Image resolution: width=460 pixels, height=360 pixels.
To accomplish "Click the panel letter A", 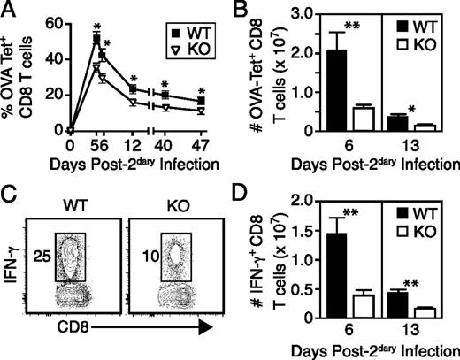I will point(10,11).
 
